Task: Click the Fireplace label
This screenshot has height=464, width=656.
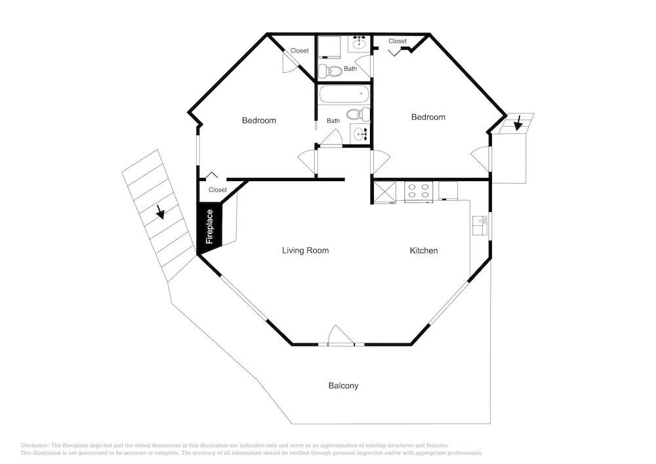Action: (210, 226)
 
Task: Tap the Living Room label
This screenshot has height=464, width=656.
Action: (306, 251)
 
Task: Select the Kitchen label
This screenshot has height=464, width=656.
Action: (424, 251)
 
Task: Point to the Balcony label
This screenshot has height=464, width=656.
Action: (344, 386)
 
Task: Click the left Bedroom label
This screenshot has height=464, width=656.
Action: (259, 121)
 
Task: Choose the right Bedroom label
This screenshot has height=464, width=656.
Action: (428, 117)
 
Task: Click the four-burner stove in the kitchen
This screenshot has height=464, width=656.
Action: (419, 192)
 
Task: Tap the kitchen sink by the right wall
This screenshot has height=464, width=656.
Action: (480, 225)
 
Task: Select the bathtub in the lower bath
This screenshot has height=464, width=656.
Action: (344, 94)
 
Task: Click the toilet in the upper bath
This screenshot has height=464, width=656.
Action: (330, 72)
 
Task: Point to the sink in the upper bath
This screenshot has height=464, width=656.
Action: (359, 43)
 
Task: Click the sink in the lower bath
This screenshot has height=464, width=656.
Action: (359, 134)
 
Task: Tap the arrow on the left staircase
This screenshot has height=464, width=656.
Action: (159, 212)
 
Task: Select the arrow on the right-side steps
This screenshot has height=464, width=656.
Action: (518, 123)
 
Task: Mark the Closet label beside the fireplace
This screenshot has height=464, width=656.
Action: (218, 190)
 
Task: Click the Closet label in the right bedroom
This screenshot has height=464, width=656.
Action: (398, 41)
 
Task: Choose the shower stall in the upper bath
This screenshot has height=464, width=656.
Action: (329, 47)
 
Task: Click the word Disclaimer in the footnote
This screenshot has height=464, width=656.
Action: (34, 446)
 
